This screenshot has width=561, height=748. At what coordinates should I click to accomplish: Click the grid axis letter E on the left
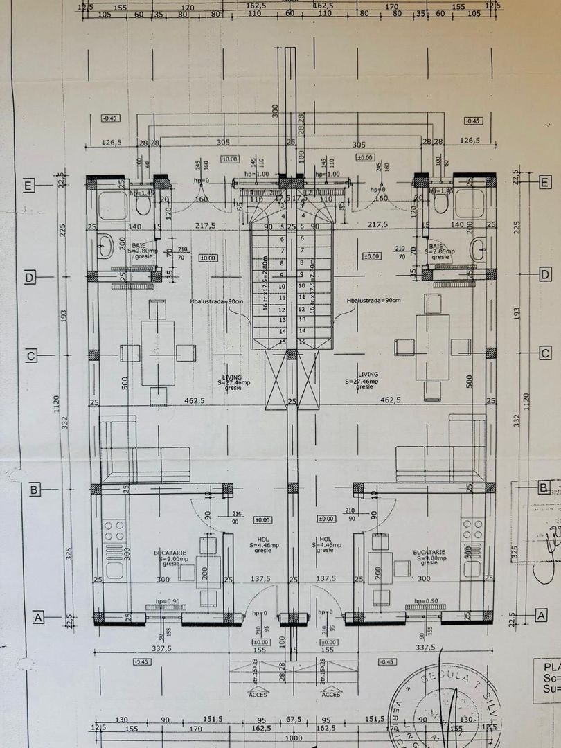(29, 186)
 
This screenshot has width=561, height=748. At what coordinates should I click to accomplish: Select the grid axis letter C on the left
(30, 355)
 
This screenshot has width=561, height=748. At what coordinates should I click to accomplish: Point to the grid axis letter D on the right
(544, 276)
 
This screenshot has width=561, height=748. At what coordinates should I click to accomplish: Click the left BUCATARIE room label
(169, 553)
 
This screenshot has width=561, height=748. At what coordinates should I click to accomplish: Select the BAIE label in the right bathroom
(436, 246)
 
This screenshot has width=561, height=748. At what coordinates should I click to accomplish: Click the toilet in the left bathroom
(143, 204)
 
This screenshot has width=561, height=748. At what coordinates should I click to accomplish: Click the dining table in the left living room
(158, 353)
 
